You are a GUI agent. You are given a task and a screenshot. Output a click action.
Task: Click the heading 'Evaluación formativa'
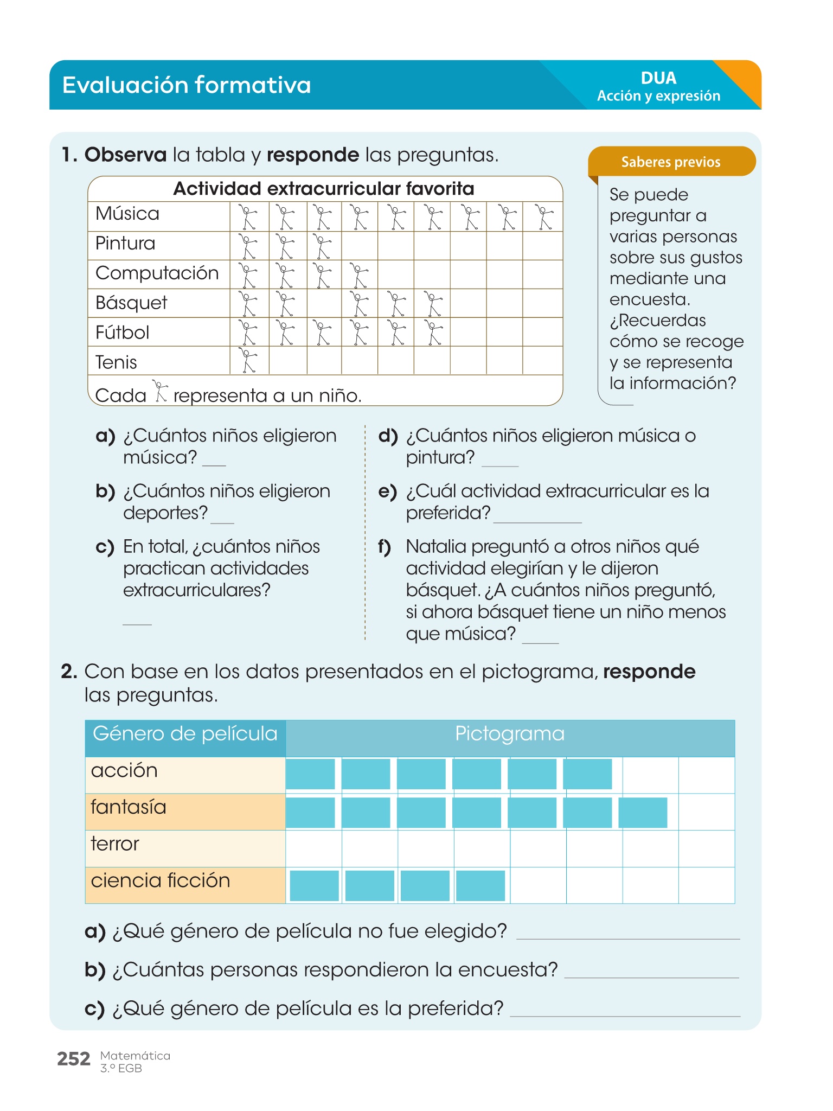(x=187, y=85)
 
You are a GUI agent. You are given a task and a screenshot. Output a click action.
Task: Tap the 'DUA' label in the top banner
(x=658, y=78)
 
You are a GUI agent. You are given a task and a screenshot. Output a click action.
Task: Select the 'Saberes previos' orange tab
(x=671, y=162)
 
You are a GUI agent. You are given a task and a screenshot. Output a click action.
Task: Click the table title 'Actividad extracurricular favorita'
(x=324, y=189)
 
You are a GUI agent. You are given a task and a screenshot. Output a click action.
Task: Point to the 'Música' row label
(x=127, y=214)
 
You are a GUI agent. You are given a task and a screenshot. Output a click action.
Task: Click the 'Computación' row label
(x=157, y=273)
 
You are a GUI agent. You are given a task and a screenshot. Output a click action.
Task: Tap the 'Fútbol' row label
(x=123, y=332)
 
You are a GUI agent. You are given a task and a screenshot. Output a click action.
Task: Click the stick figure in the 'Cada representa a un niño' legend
(x=159, y=391)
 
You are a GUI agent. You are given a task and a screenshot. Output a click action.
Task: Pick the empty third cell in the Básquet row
(x=324, y=303)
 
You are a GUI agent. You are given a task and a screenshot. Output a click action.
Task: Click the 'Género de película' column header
(x=185, y=734)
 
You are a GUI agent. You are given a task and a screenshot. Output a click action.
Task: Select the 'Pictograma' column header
(x=510, y=734)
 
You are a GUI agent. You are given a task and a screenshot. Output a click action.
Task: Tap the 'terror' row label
(x=115, y=844)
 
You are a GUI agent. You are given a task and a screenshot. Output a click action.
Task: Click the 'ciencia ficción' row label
(x=161, y=880)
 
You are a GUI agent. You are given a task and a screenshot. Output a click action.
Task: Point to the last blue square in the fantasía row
(x=643, y=812)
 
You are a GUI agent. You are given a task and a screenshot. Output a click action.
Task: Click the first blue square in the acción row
(x=310, y=774)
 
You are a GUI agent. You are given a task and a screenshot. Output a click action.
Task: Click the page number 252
(x=74, y=1059)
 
